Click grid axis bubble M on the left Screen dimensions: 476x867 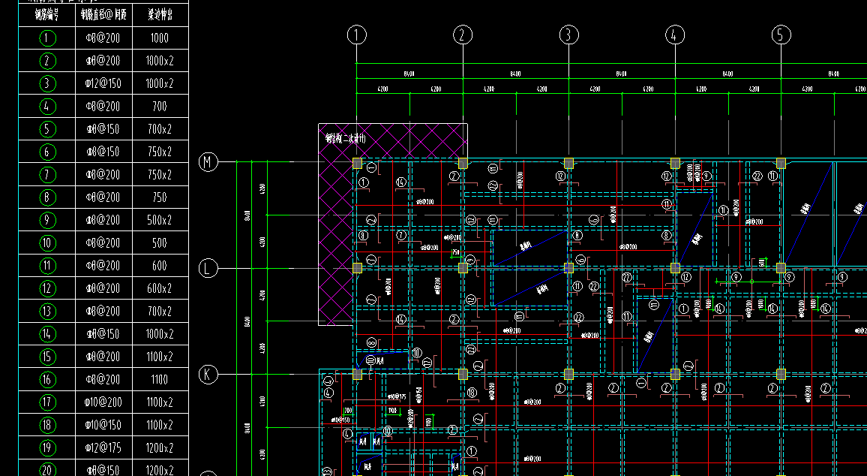coord(208,161)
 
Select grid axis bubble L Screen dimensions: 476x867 coord(208,268)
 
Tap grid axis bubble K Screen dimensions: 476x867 coord(208,374)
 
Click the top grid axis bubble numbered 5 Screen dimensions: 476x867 coord(781,35)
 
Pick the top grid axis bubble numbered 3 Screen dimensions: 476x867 coord(568,35)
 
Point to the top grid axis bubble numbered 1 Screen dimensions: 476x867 coord(357,35)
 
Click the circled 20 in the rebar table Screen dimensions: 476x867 coord(47,470)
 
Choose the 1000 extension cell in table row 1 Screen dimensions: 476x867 coord(160,38)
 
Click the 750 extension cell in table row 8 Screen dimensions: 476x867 coord(160,197)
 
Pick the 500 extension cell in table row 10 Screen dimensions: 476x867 coord(160,243)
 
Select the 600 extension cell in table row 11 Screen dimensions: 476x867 coord(160,266)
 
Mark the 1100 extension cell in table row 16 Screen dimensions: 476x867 coord(160,379)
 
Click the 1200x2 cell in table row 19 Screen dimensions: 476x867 coord(160,447)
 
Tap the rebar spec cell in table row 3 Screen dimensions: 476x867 coord(103,83)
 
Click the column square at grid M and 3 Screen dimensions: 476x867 coord(568,163)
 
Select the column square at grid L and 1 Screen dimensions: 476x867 coord(357,268)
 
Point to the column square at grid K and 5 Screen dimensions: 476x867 coord(781,374)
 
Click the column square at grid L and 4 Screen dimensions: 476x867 coord(675,268)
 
